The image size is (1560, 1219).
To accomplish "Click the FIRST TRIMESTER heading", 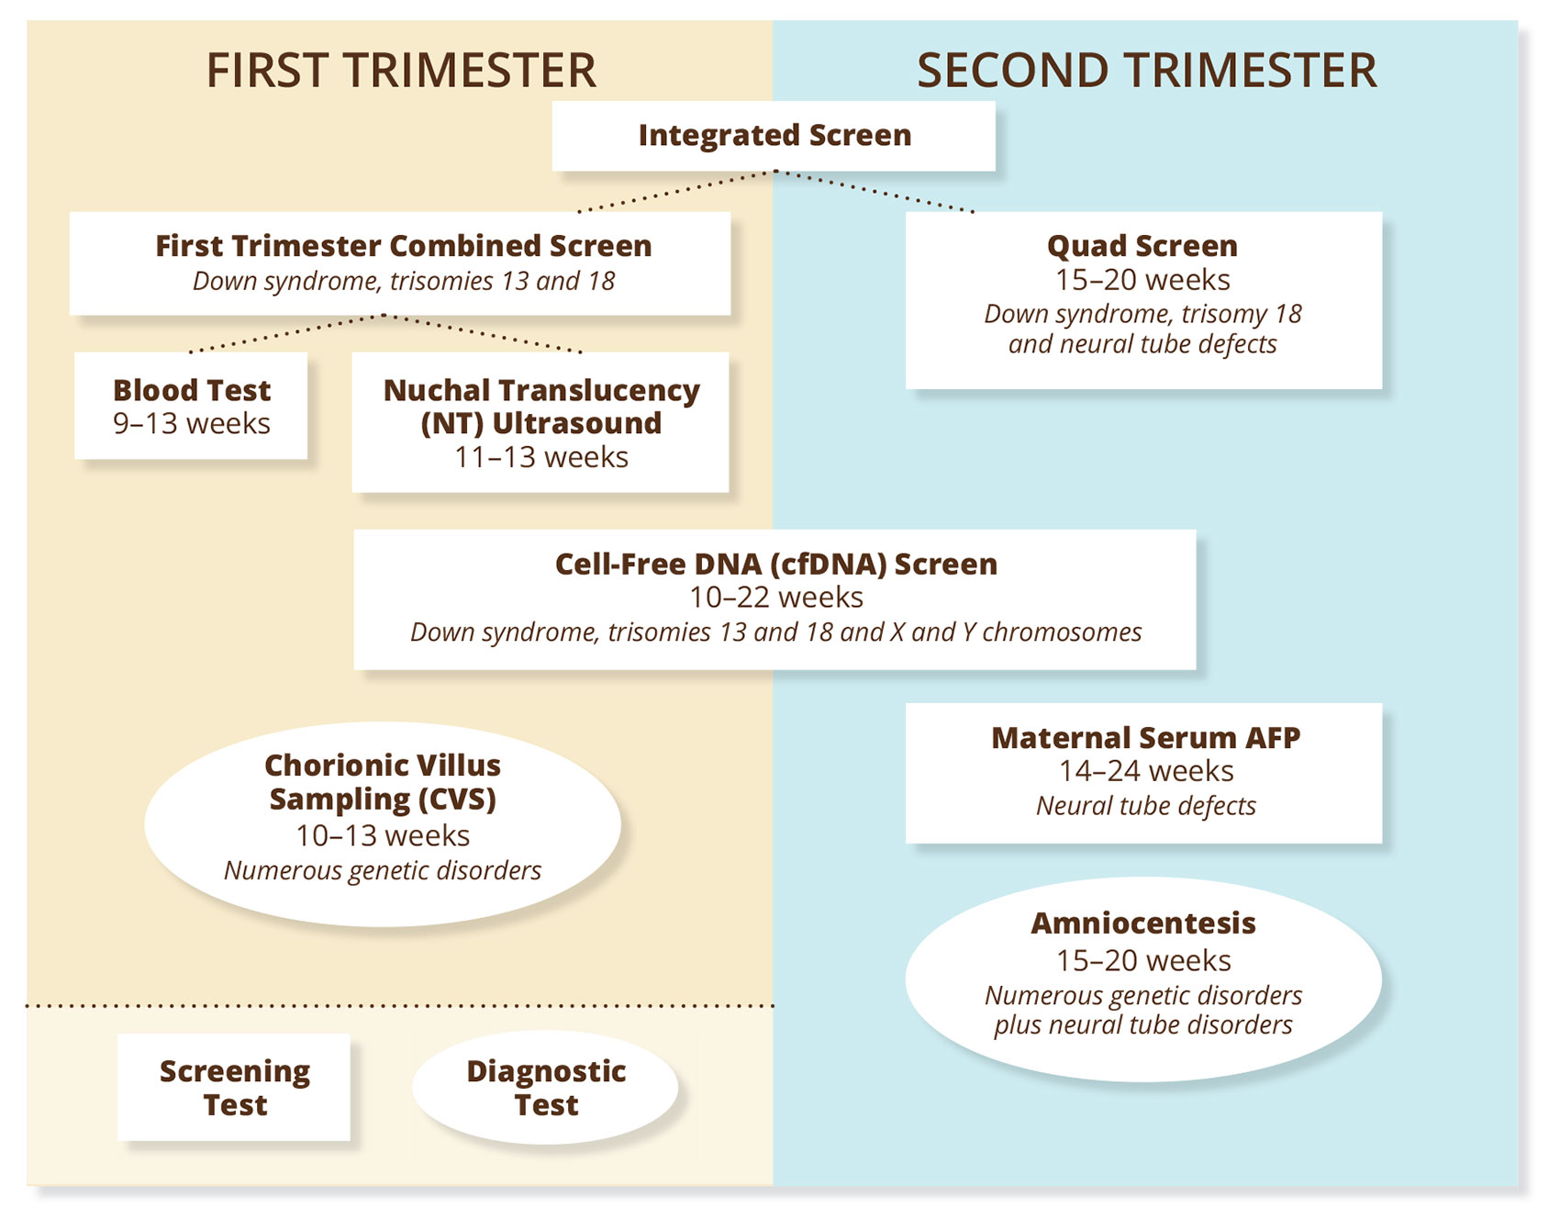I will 401,71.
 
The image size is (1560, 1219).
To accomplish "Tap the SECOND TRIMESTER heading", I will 1146,71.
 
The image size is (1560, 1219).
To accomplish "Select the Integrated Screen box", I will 774,136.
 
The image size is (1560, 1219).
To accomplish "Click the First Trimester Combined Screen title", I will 403,246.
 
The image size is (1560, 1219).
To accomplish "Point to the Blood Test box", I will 191,405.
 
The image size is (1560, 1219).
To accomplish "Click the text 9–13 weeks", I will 191,424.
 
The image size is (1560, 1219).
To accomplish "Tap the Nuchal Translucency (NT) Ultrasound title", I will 541,407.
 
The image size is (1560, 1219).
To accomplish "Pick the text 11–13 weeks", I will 541,457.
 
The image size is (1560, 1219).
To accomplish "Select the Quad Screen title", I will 1142,246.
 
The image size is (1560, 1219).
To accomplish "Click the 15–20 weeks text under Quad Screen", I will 1142,280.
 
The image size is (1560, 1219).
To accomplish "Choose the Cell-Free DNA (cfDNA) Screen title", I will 775,564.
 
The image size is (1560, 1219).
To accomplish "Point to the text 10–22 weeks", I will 775,598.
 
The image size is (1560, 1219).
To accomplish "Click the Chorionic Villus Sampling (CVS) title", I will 383,782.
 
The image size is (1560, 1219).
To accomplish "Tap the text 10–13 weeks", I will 383,835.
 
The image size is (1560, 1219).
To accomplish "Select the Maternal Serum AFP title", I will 1145,738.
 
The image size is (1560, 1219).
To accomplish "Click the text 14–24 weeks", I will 1145,771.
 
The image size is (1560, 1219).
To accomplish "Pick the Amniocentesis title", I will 1143,923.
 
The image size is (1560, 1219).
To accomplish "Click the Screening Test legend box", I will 234,1088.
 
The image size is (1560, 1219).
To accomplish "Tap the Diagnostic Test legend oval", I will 546,1088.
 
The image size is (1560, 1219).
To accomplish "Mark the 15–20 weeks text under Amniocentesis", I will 1143,961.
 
